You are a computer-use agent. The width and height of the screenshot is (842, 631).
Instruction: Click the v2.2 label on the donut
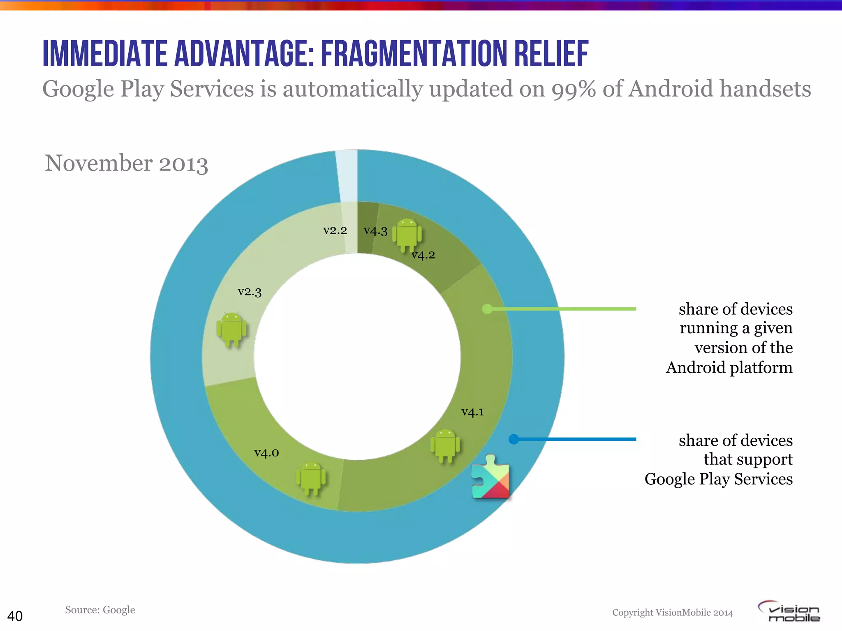tap(335, 230)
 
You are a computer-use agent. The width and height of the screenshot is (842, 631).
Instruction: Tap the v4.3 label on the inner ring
tap(375, 231)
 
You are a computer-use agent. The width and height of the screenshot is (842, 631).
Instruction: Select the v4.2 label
tap(423, 255)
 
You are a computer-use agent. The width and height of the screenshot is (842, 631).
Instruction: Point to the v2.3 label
tap(250, 292)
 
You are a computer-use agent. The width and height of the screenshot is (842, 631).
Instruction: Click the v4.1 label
tap(472, 412)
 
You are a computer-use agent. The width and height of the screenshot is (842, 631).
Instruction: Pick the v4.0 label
tap(266, 453)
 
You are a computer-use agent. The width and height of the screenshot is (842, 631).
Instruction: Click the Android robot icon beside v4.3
tap(407, 235)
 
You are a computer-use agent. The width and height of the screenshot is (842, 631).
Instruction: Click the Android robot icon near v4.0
tap(311, 478)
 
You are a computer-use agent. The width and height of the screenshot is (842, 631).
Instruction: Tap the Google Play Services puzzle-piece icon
tap(491, 477)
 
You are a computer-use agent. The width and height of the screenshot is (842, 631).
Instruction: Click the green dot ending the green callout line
tap(487, 309)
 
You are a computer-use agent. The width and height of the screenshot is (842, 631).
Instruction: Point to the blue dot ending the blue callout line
tap(514, 439)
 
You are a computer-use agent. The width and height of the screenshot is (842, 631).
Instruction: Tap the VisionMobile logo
tap(789, 612)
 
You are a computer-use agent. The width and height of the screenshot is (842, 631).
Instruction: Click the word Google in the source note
tap(119, 610)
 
